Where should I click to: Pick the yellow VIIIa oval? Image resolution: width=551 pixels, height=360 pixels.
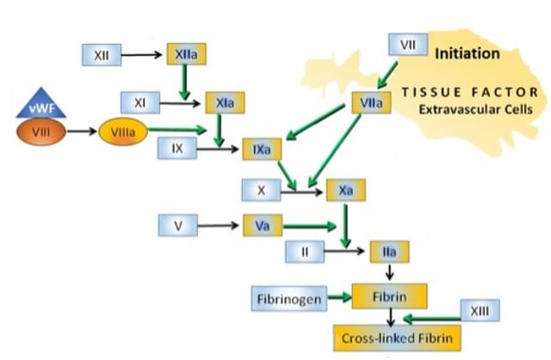[x=124, y=133]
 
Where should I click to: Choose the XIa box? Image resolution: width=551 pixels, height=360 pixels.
[x=226, y=102]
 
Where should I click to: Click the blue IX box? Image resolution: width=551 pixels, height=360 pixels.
[x=178, y=148]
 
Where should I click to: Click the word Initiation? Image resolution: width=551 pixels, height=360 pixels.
[x=467, y=53]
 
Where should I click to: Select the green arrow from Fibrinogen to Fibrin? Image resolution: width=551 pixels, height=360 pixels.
[x=339, y=298]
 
